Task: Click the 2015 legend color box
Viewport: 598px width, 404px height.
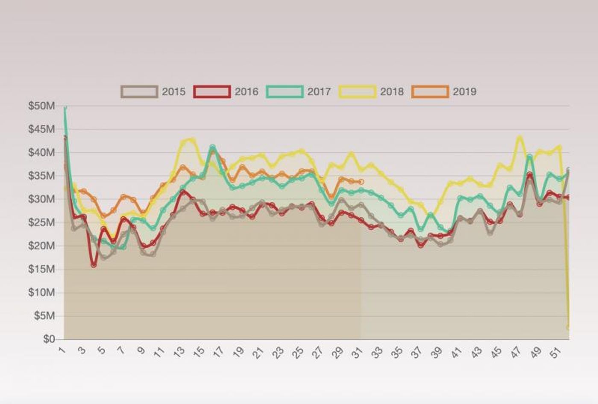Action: pos(139,92)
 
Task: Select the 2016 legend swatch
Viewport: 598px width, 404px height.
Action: pos(212,92)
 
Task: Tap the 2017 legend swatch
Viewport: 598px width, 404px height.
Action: pos(284,92)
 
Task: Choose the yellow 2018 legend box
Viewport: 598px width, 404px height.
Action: pos(358,92)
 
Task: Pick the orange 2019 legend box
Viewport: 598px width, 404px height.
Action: pos(430,92)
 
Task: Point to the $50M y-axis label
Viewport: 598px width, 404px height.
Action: pos(41,106)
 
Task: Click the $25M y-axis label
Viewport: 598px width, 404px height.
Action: pos(41,223)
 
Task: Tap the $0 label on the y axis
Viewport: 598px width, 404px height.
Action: pos(50,339)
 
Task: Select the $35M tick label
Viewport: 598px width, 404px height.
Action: pos(41,176)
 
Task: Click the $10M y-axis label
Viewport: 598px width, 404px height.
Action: pos(41,293)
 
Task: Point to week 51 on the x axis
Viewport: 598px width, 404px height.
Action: pos(555,353)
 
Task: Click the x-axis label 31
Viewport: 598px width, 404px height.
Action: pos(358,353)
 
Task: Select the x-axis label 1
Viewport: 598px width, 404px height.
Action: pos(62,351)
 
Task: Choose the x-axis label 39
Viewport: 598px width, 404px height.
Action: pos(437,353)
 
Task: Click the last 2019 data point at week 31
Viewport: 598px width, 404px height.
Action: pos(361,182)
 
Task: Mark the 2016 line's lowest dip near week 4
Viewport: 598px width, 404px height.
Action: pos(94,265)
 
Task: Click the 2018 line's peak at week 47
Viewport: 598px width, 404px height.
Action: pos(519,138)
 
